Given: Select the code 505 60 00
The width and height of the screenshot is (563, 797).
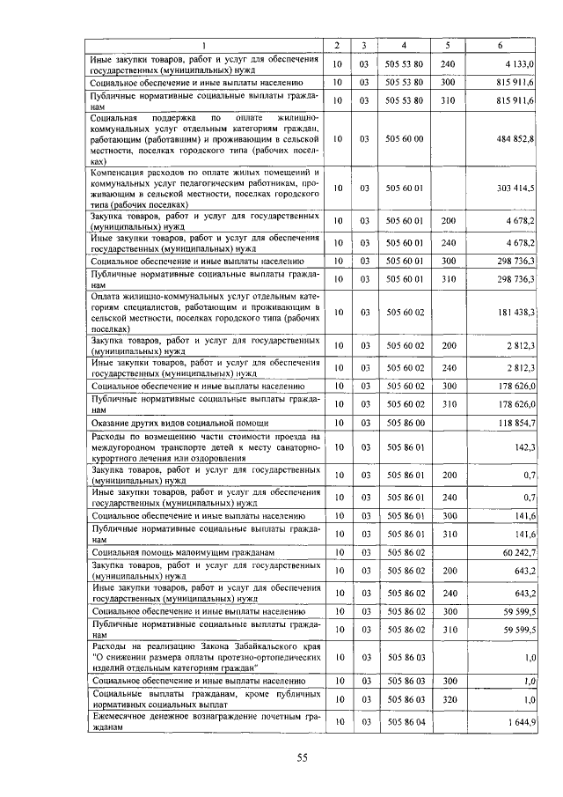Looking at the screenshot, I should (405, 139).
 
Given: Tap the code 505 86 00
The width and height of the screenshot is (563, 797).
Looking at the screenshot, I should (405, 423).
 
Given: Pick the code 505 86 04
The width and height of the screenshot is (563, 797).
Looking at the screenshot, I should (405, 723).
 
